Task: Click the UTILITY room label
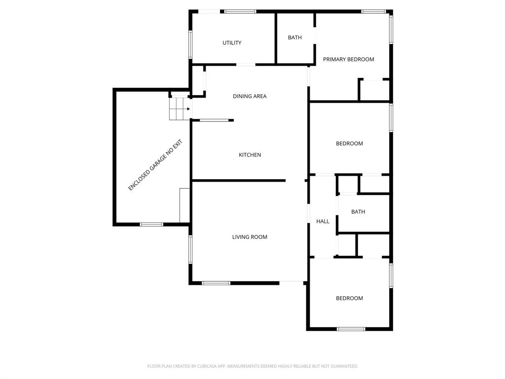pyautogui.click(x=232, y=43)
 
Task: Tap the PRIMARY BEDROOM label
pyautogui.click(x=348, y=59)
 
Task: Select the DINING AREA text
pyautogui.click(x=250, y=96)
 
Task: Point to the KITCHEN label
pyautogui.click(x=250, y=155)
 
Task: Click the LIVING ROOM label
pyautogui.click(x=250, y=237)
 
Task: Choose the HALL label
pyautogui.click(x=323, y=222)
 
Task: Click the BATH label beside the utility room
pyautogui.click(x=295, y=38)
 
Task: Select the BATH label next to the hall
pyautogui.click(x=358, y=212)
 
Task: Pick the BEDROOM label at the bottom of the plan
pyautogui.click(x=349, y=298)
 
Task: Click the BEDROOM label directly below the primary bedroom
pyautogui.click(x=349, y=144)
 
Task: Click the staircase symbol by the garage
pyautogui.click(x=179, y=109)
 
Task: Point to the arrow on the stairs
pyautogui.click(x=187, y=109)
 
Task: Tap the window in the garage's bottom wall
pyautogui.click(x=151, y=225)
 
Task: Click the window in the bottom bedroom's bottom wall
pyautogui.click(x=351, y=329)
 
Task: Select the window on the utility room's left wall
pyautogui.click(x=190, y=44)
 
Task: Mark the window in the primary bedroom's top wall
pyautogui.click(x=373, y=11)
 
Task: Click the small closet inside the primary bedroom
pyautogui.click(x=374, y=90)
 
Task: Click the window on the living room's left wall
pyautogui.click(x=190, y=249)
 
